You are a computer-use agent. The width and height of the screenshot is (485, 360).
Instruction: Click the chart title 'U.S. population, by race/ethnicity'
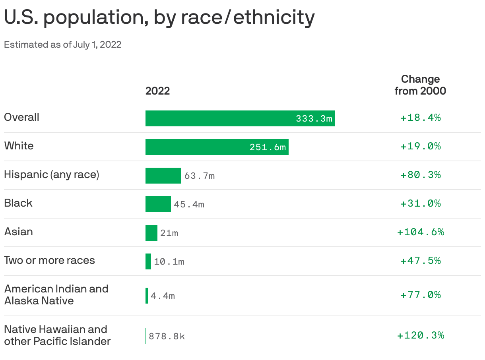[159, 18]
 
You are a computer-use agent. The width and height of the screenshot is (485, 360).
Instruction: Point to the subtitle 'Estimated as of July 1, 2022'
[62, 45]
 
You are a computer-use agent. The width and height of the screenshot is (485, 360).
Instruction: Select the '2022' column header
[157, 91]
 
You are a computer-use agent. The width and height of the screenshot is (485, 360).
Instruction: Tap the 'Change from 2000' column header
[420, 85]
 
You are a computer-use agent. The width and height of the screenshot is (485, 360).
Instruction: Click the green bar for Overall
[219, 118]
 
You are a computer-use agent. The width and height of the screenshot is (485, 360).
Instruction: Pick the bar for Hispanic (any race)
[163, 176]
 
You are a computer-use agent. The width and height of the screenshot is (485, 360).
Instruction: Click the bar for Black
[158, 204]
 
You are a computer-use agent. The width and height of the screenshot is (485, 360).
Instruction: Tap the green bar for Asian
[151, 233]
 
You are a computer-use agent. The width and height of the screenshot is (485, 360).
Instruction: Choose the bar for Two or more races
[148, 261]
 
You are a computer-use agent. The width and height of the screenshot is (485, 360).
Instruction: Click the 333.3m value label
[314, 118]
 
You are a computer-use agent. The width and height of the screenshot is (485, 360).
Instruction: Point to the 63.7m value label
[199, 176]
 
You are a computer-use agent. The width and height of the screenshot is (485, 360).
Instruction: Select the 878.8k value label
[167, 337]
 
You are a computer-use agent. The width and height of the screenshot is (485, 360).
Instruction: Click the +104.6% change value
[420, 232]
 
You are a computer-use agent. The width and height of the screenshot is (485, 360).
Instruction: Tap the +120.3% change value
[420, 335]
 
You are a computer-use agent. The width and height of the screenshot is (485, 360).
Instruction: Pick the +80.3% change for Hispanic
[420, 175]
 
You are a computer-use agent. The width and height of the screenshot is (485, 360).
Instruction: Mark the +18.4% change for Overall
[420, 118]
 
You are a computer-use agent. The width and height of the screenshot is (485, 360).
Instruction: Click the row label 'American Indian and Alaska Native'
[56, 294]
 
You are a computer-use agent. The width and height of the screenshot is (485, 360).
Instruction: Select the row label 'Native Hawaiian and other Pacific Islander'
[57, 335]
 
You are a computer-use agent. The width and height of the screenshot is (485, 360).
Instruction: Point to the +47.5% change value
[420, 261]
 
